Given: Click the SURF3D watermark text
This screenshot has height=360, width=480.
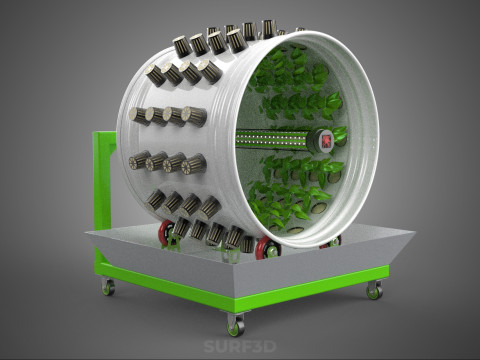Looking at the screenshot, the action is (240, 346).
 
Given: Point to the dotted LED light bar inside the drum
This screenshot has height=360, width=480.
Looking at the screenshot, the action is (272, 139).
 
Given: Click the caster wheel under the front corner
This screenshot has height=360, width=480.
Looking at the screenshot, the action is (236, 324).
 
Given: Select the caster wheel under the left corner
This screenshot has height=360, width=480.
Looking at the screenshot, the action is (108, 286).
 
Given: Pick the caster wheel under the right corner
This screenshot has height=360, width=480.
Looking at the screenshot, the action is (374, 290).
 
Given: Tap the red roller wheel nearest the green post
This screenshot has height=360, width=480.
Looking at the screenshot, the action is (167, 232).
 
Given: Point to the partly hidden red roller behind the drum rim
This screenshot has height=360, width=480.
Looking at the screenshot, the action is (331, 243).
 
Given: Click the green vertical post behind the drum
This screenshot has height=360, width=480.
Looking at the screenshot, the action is (104, 180).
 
